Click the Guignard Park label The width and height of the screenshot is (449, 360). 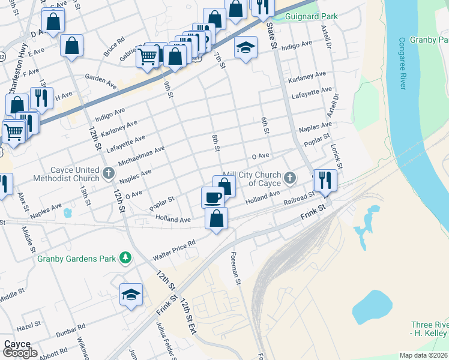coord(312,17)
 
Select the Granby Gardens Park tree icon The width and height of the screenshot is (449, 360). coord(125,258)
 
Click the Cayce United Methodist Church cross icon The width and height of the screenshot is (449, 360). coord(108,173)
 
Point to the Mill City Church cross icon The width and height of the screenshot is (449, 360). coord(291,177)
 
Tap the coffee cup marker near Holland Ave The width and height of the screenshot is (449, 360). coord(212,197)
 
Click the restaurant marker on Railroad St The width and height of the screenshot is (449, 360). coord(325,180)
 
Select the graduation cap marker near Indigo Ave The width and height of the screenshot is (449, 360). coord(246,47)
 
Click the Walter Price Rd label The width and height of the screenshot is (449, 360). coord(175,248)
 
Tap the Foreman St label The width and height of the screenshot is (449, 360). coord(235,268)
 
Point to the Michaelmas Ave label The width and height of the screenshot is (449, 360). coord(142,156)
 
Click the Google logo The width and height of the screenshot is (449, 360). coord(20,352)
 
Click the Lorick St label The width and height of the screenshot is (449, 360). coord(339,157)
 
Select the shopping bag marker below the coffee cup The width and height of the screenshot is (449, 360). coord(217,218)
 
